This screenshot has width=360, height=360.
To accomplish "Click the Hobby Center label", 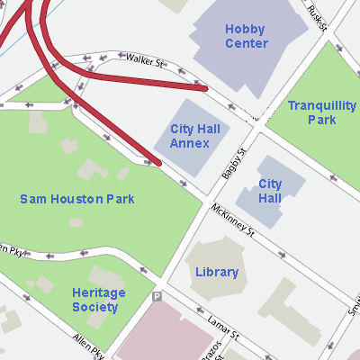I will [246, 36].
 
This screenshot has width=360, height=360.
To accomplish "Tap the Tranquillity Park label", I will [322, 112].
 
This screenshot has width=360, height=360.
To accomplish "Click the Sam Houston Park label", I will [77, 199].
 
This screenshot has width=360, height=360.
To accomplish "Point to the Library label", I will [217, 272].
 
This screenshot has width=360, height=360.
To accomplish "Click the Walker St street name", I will [146, 61].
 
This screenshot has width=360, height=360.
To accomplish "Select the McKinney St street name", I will [234, 220].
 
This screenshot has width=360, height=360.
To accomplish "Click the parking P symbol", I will [157, 296].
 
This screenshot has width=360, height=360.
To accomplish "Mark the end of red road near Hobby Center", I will [204, 88].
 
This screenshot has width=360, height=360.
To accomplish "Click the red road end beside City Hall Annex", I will [157, 163].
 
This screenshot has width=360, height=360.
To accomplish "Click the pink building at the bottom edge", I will [162, 337].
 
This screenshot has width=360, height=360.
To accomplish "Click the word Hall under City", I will [270, 197].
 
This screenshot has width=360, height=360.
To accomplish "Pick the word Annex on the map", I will [190, 143].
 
